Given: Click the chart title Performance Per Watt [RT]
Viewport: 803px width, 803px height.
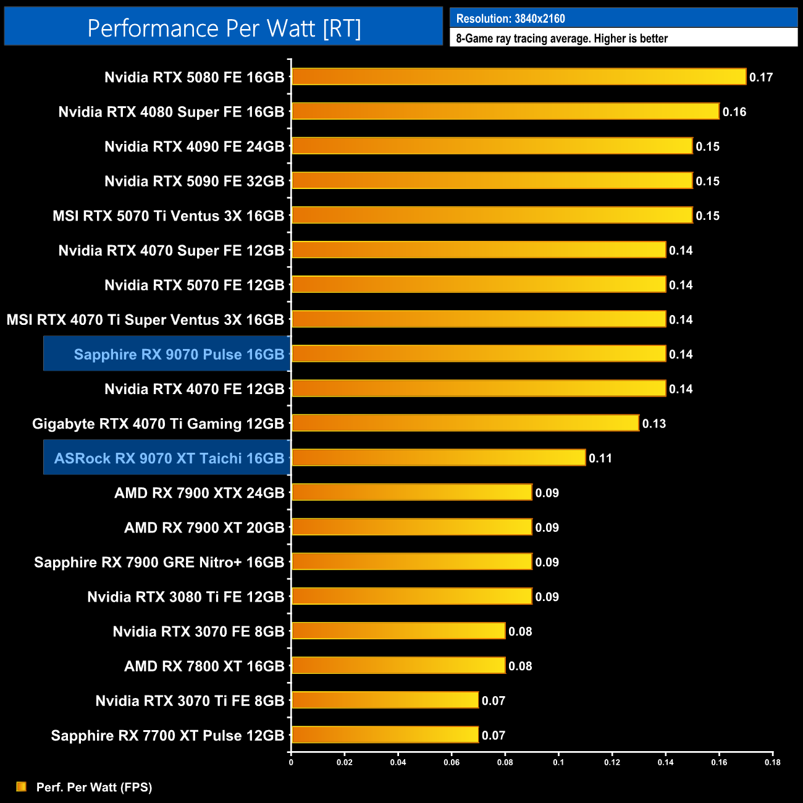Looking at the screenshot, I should pos(224,28).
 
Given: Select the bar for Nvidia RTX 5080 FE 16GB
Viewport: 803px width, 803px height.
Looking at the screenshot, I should pos(519,77).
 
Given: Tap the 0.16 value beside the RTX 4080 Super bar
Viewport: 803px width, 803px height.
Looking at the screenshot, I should pos(734,112).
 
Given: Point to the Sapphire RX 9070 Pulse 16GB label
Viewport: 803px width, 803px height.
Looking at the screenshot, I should pos(179,355).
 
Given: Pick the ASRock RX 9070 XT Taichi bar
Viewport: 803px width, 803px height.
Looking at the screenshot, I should pos(439,458).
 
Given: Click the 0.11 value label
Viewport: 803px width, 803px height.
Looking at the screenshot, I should pos(600,458).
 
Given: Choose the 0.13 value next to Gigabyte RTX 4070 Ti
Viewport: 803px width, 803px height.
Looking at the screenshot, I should pos(654,424).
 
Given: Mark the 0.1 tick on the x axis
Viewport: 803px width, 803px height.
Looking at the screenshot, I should pos(558,762).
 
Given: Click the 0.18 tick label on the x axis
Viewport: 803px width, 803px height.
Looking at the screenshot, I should pos(773,762).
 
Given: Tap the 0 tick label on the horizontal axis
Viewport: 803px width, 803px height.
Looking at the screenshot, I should pos(291,762).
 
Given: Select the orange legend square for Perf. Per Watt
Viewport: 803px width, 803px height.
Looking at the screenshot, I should pos(22,786).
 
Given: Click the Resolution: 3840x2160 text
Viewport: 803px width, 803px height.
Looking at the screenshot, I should pos(510,19).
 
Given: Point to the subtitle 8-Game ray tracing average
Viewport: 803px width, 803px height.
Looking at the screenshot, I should pos(561,38).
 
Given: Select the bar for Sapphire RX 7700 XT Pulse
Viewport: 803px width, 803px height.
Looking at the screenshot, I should pos(385,735).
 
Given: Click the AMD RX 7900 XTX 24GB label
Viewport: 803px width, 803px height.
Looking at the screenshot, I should pos(199,493).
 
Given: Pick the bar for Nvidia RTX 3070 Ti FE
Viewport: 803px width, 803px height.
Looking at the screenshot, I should pos(385,700).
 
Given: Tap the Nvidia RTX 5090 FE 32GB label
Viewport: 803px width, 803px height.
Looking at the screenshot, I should pos(194,181).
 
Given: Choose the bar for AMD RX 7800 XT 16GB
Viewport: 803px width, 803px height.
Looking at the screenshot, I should pos(398,666).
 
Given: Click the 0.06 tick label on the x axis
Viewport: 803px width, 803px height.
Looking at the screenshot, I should pos(452,762).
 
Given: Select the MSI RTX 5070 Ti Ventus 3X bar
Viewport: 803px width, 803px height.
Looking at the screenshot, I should pos(492,216).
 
